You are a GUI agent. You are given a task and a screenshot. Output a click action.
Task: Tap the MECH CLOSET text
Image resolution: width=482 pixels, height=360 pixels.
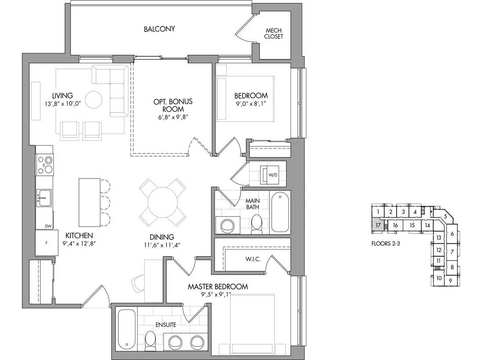[273, 33]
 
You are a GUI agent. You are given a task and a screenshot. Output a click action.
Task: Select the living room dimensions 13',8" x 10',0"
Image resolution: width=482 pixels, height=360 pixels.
[62, 104]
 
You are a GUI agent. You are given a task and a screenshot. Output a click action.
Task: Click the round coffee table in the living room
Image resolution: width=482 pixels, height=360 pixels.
[93, 100]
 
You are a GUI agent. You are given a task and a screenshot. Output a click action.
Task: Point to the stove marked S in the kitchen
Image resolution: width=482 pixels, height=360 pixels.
[45, 165]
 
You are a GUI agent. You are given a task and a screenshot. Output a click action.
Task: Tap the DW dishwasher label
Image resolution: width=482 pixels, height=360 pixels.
[48, 226]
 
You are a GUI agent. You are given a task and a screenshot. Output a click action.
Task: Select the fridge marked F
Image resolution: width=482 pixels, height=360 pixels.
[46, 243]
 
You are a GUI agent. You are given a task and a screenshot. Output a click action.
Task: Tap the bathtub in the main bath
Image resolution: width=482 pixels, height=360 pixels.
[280, 212]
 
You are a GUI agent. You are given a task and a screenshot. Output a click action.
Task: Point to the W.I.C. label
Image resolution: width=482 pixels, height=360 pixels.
[253, 259]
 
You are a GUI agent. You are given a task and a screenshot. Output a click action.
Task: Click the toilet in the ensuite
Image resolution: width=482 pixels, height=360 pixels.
[151, 341]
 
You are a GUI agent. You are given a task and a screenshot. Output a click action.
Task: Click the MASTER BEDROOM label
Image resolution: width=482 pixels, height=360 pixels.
[218, 287]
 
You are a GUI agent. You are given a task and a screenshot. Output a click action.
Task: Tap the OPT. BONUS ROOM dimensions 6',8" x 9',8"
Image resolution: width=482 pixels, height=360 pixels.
[173, 117]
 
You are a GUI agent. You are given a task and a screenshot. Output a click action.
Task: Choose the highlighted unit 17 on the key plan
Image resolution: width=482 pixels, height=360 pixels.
[378, 225]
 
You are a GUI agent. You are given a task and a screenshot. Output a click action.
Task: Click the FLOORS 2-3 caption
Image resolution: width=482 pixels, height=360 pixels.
[386, 244]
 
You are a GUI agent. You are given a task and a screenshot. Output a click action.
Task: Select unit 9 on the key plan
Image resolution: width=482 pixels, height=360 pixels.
[450, 281]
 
